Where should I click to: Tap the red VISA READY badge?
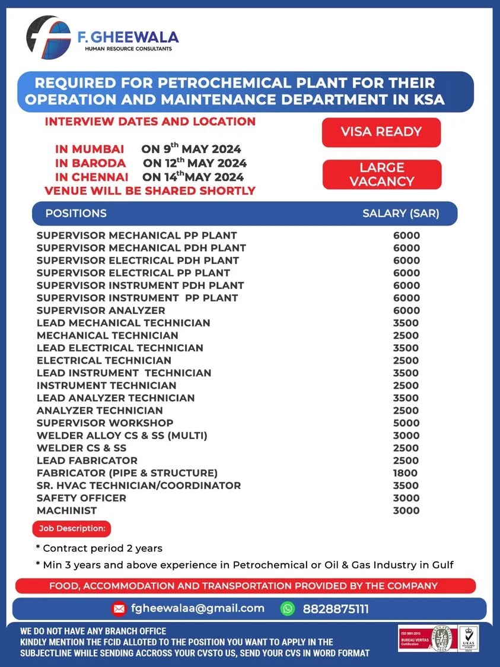(381, 132)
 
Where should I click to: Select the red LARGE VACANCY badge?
(381, 174)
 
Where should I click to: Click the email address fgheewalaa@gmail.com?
(198, 608)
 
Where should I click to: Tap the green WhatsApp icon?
(288, 609)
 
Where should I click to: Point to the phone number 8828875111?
(336, 609)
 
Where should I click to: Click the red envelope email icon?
(119, 609)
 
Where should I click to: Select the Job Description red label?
(72, 528)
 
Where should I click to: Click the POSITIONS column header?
(76, 214)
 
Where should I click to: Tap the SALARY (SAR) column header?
(400, 214)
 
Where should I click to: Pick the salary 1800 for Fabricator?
(405, 473)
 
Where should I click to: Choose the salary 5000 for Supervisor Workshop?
(406, 423)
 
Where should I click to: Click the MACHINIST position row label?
(66, 510)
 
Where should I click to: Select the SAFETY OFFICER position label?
(81, 498)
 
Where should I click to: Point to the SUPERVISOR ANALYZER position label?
(101, 310)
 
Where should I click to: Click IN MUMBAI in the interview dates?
(90, 149)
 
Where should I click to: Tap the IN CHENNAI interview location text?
(91, 177)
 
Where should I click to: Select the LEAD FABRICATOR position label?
(87, 460)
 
